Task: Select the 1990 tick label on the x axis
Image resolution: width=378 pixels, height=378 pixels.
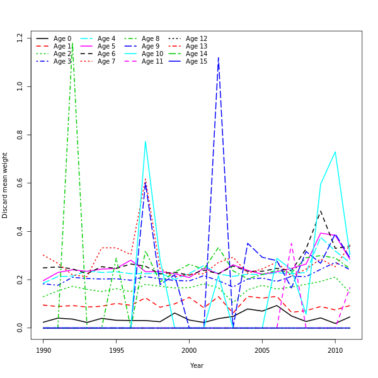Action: coord(43,348)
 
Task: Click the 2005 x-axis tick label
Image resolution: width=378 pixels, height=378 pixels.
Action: coord(262,348)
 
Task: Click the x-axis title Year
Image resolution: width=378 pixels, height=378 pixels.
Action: coord(197,365)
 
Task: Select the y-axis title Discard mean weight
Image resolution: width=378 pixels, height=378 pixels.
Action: coord(5,185)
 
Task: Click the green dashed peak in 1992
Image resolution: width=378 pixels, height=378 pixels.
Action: coord(72,43)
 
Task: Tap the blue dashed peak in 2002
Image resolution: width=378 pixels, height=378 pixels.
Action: coord(218,57)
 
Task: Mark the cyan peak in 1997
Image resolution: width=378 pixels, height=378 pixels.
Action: coord(146,141)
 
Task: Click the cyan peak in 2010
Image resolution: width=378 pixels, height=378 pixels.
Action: coord(335,152)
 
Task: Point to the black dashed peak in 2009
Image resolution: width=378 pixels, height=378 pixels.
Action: coord(320,211)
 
